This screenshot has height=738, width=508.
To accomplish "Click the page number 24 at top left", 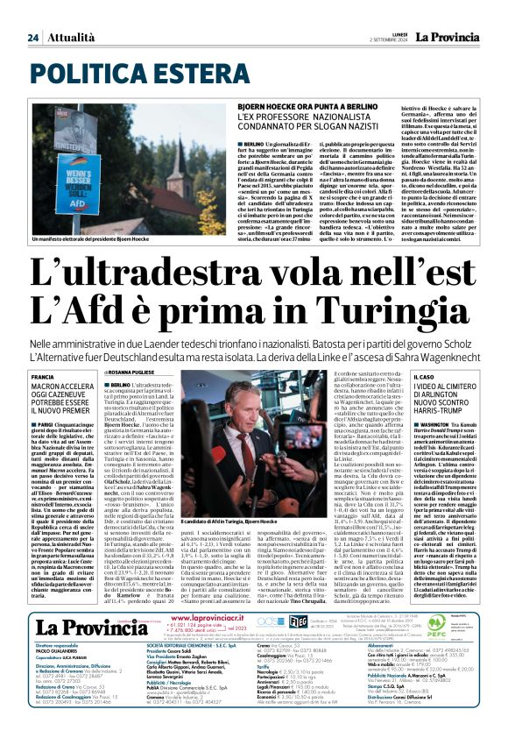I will coord(32,38).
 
